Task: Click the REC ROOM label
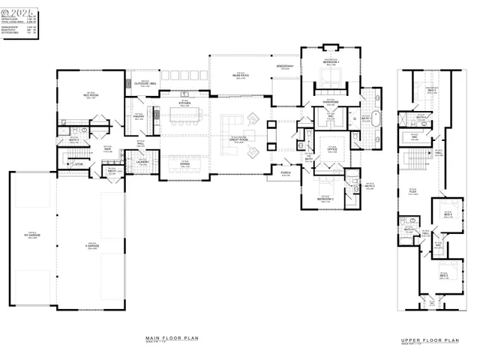coord(90,95)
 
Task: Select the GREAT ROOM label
coord(238,139)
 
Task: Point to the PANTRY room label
coord(139,116)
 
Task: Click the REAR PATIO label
coord(240,76)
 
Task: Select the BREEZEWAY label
coord(285,67)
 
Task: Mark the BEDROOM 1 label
coord(331,62)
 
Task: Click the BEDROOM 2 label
coord(325,199)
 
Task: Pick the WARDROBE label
coord(331,100)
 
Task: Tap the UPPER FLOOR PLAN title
coord(430,340)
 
